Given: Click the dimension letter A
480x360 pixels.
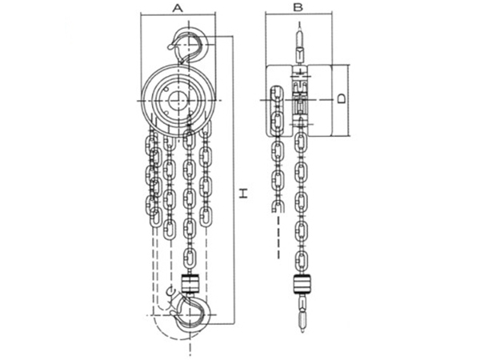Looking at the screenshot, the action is tap(178, 7).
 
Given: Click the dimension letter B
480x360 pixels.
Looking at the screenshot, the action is tap(298, 7).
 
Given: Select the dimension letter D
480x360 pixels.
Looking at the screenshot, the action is tap(342, 98).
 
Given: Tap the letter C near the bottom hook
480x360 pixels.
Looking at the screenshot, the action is tap(172, 291).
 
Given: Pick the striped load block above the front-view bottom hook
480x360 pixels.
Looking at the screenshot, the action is tap(190, 284).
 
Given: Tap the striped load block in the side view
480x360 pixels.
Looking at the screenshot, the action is tap(302, 284).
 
